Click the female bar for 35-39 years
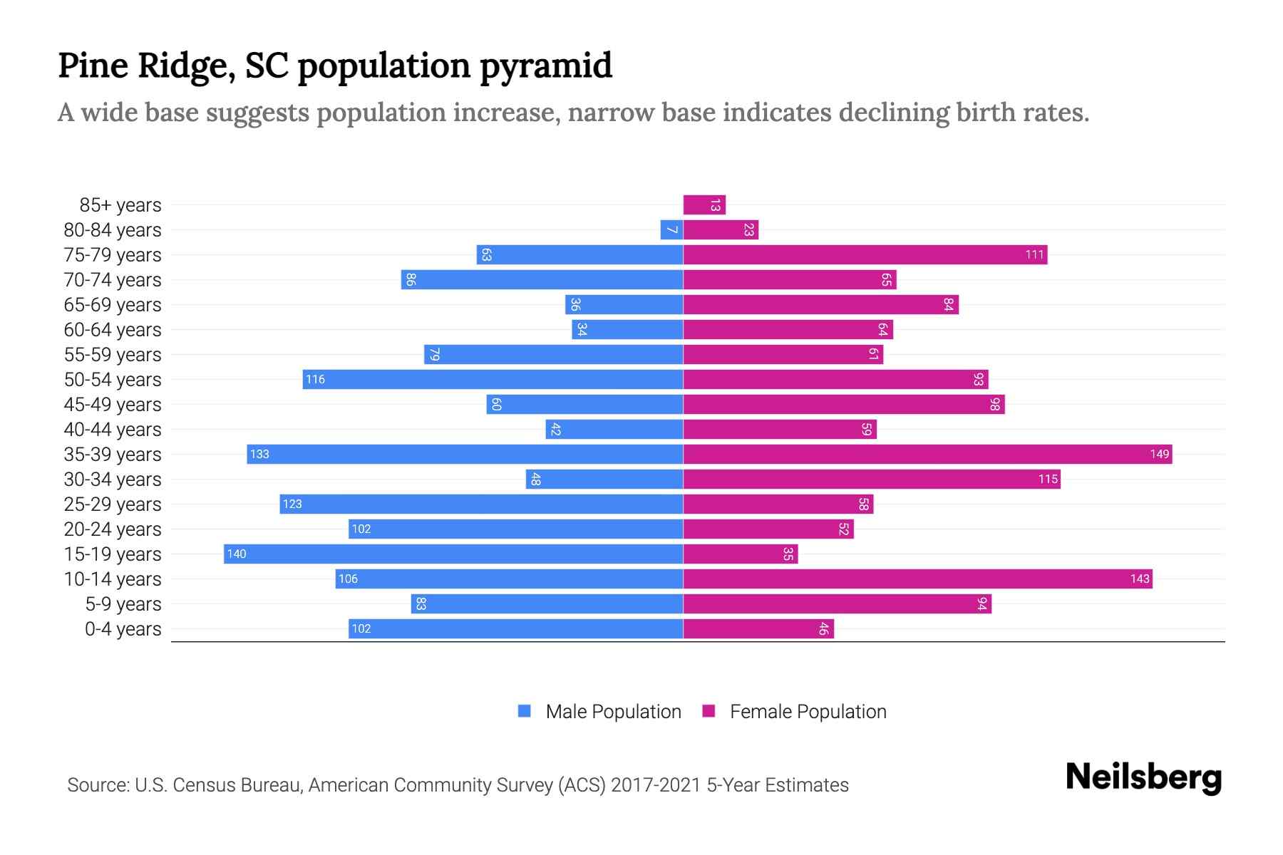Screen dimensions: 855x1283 click(x=927, y=454)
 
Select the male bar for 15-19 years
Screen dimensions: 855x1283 click(x=453, y=554)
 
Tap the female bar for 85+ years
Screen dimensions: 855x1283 click(x=704, y=205)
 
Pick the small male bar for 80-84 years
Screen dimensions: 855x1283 click(x=671, y=230)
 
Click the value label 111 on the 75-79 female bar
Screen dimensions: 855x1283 click(x=1034, y=255)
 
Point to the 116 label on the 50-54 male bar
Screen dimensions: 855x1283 click(x=315, y=380)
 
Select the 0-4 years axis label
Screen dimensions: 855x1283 click(x=123, y=629)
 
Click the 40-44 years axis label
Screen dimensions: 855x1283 click(x=113, y=430)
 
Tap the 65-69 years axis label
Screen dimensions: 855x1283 click(x=113, y=305)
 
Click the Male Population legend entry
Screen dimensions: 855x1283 click(x=599, y=711)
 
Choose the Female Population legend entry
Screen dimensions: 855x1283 click(x=794, y=711)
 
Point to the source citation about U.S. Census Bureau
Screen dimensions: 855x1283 click(x=458, y=785)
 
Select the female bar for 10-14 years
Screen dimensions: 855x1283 click(x=917, y=579)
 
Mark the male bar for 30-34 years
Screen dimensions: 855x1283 click(x=604, y=480)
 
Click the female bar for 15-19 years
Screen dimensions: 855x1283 click(x=741, y=554)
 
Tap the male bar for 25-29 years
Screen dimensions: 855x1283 click(x=481, y=504)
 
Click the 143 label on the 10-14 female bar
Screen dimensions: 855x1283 click(x=1139, y=579)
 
